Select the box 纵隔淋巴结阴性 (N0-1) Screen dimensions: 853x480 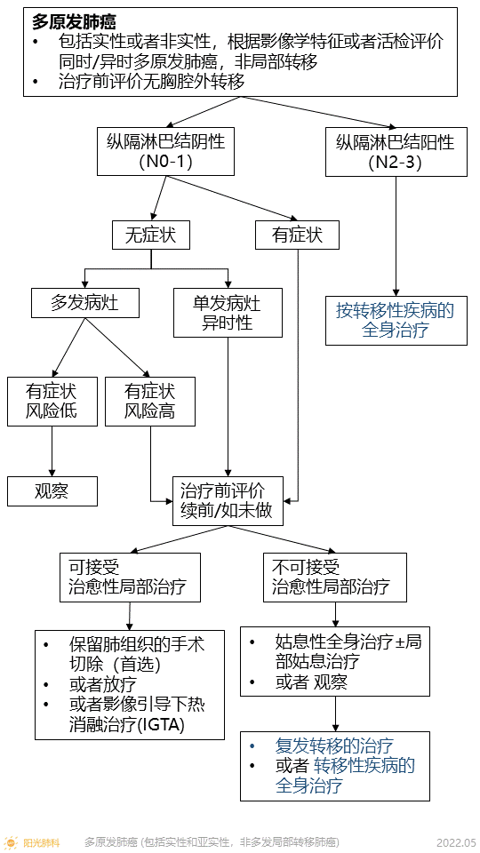point(165,151)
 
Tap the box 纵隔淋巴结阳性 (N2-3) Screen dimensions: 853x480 point(394,151)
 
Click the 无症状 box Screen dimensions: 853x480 point(150,235)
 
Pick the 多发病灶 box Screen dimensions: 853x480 point(85,303)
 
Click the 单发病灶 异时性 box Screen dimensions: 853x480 point(228,313)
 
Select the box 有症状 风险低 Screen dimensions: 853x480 point(51,402)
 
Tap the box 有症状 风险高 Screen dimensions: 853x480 point(149,402)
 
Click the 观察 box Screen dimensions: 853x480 point(52,490)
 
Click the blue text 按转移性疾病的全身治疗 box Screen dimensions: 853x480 point(395,321)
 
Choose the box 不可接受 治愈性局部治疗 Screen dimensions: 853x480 point(334,577)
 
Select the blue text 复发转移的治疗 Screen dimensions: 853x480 point(334,745)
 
